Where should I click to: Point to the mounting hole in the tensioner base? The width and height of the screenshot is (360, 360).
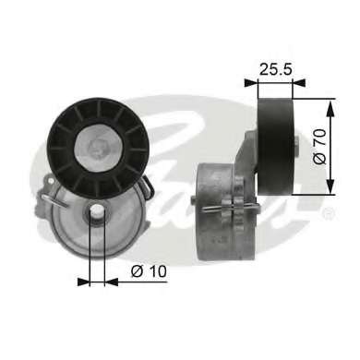pyautogui.click(x=93, y=215)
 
